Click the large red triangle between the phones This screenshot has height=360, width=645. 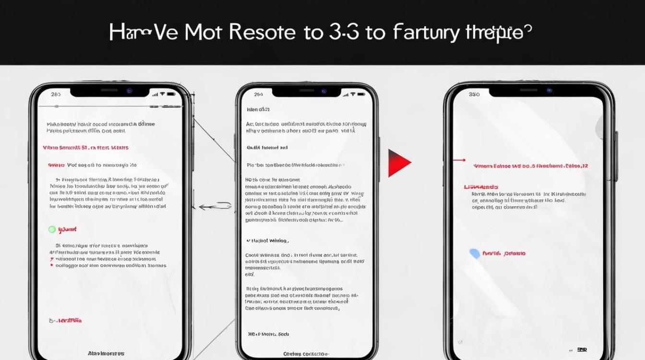click(x=398, y=163)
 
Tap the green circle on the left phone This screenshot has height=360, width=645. click(x=52, y=229)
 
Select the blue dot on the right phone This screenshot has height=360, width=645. click(x=475, y=254)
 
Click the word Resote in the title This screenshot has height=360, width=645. click(x=262, y=32)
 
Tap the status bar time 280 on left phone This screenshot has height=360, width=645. click(x=56, y=94)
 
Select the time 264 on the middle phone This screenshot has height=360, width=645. click(x=259, y=95)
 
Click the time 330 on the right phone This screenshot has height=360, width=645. click(x=474, y=95)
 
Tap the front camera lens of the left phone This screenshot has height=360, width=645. click(x=129, y=91)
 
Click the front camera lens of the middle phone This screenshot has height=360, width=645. click(x=324, y=91)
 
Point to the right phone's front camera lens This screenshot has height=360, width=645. click(x=549, y=90)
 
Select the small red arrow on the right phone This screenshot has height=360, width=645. click(x=459, y=160)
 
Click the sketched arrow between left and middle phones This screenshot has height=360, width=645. click(x=214, y=206)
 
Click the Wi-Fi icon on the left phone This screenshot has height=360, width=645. click(x=163, y=94)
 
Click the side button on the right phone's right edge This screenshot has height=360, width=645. click(x=616, y=149)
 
